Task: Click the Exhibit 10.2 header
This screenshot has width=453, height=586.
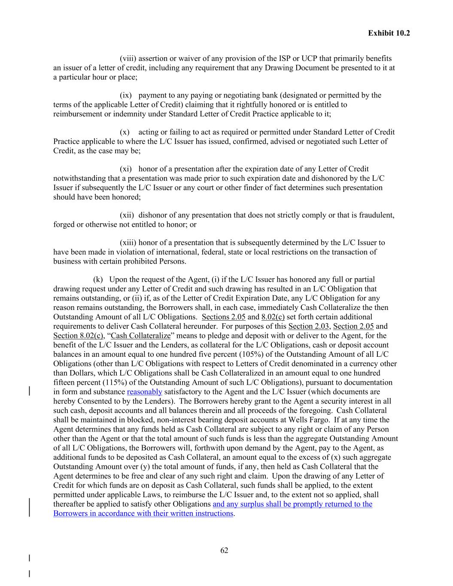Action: point(389,33)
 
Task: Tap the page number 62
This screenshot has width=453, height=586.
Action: point(224,550)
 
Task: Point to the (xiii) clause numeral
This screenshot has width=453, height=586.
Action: point(128,243)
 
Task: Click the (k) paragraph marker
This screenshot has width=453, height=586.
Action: point(98,279)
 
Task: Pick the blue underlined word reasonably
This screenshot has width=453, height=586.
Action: point(145,392)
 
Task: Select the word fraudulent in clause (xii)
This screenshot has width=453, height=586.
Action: point(376,215)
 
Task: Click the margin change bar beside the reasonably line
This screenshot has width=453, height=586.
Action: point(29,391)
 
